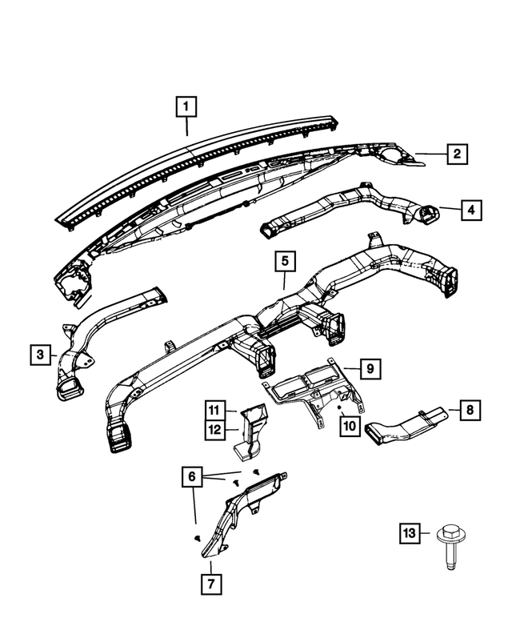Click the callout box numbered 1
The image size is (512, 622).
click(x=186, y=106)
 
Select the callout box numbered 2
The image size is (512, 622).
click(x=458, y=154)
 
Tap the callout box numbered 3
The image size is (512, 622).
click(x=41, y=355)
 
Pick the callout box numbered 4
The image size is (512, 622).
click(x=471, y=210)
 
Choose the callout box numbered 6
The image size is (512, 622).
click(x=192, y=476)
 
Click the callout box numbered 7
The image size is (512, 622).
click(x=211, y=584)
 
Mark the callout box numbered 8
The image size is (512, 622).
click(x=470, y=410)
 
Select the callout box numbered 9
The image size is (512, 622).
click(x=370, y=368)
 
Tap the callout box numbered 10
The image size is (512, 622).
click(x=350, y=426)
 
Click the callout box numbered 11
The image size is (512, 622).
click(x=214, y=410)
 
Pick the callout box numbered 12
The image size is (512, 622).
click(x=214, y=430)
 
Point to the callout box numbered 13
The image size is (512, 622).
click(x=410, y=533)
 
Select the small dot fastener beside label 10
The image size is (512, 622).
click(x=339, y=407)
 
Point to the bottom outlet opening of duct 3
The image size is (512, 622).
click(x=70, y=389)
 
